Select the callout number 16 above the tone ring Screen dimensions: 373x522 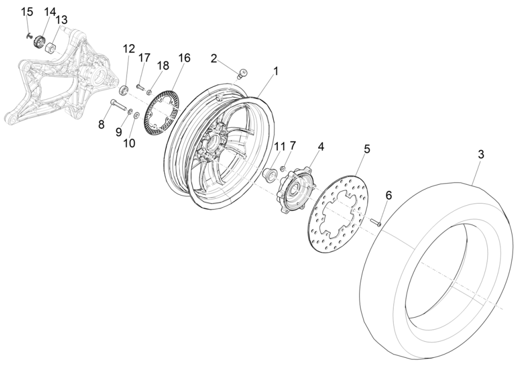pyautogui.click(x=184, y=58)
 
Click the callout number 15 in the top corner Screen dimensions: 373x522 pyautogui.click(x=26, y=12)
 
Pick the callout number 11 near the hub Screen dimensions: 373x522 pyautogui.click(x=279, y=147)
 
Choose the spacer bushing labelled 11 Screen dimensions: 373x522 pyautogui.click(x=269, y=174)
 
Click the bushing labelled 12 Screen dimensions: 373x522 pyautogui.click(x=125, y=89)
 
